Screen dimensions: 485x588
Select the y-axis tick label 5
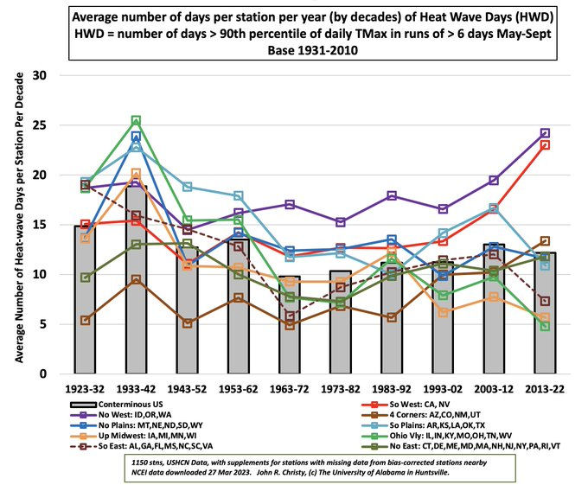click(42, 324)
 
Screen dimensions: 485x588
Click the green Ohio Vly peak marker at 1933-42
click(136, 121)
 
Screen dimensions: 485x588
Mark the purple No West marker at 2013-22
click(546, 133)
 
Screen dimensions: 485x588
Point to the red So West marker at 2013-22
click(546, 144)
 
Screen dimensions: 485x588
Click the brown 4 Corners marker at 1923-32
click(84, 321)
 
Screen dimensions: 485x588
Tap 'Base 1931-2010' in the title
click(294, 50)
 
